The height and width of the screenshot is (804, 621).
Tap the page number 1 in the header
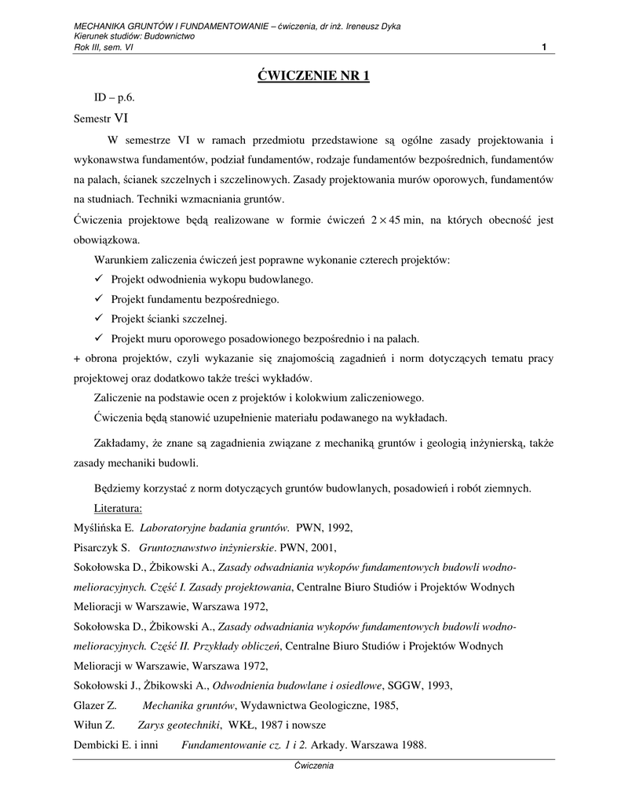[x=544, y=47]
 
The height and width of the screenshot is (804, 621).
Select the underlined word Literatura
[x=117, y=507]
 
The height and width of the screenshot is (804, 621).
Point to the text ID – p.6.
[x=115, y=99]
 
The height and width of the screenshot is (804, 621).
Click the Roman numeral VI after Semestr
[x=122, y=119]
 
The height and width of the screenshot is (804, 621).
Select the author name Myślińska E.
[x=105, y=528]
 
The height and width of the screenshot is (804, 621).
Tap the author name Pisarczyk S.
[x=101, y=547]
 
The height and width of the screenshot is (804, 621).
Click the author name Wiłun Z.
[x=93, y=725]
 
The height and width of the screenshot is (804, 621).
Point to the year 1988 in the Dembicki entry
[x=413, y=745]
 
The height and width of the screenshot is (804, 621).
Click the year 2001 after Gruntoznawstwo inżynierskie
[x=331, y=547]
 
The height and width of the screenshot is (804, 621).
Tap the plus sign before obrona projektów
[x=77, y=359]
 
